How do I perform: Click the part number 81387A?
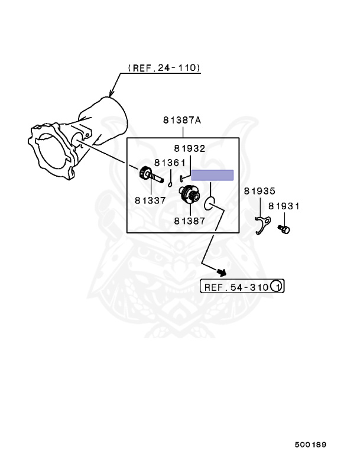pyautogui.click(x=182, y=121)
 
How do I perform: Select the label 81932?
pyautogui.click(x=190, y=149)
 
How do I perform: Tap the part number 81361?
pyautogui.click(x=170, y=163)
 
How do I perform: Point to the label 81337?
pyautogui.click(x=150, y=200)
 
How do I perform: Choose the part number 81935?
pyautogui.click(x=260, y=192)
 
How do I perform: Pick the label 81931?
pyautogui.click(x=284, y=206)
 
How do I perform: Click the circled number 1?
pyautogui.click(x=277, y=287)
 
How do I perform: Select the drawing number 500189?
pyautogui.click(x=311, y=443)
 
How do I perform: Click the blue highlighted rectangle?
pyautogui.click(x=212, y=175)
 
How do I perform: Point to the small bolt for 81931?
pyautogui.click(x=284, y=229)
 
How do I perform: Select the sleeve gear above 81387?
pyautogui.click(x=190, y=194)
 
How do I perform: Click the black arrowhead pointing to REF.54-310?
pyautogui.click(x=222, y=272)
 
